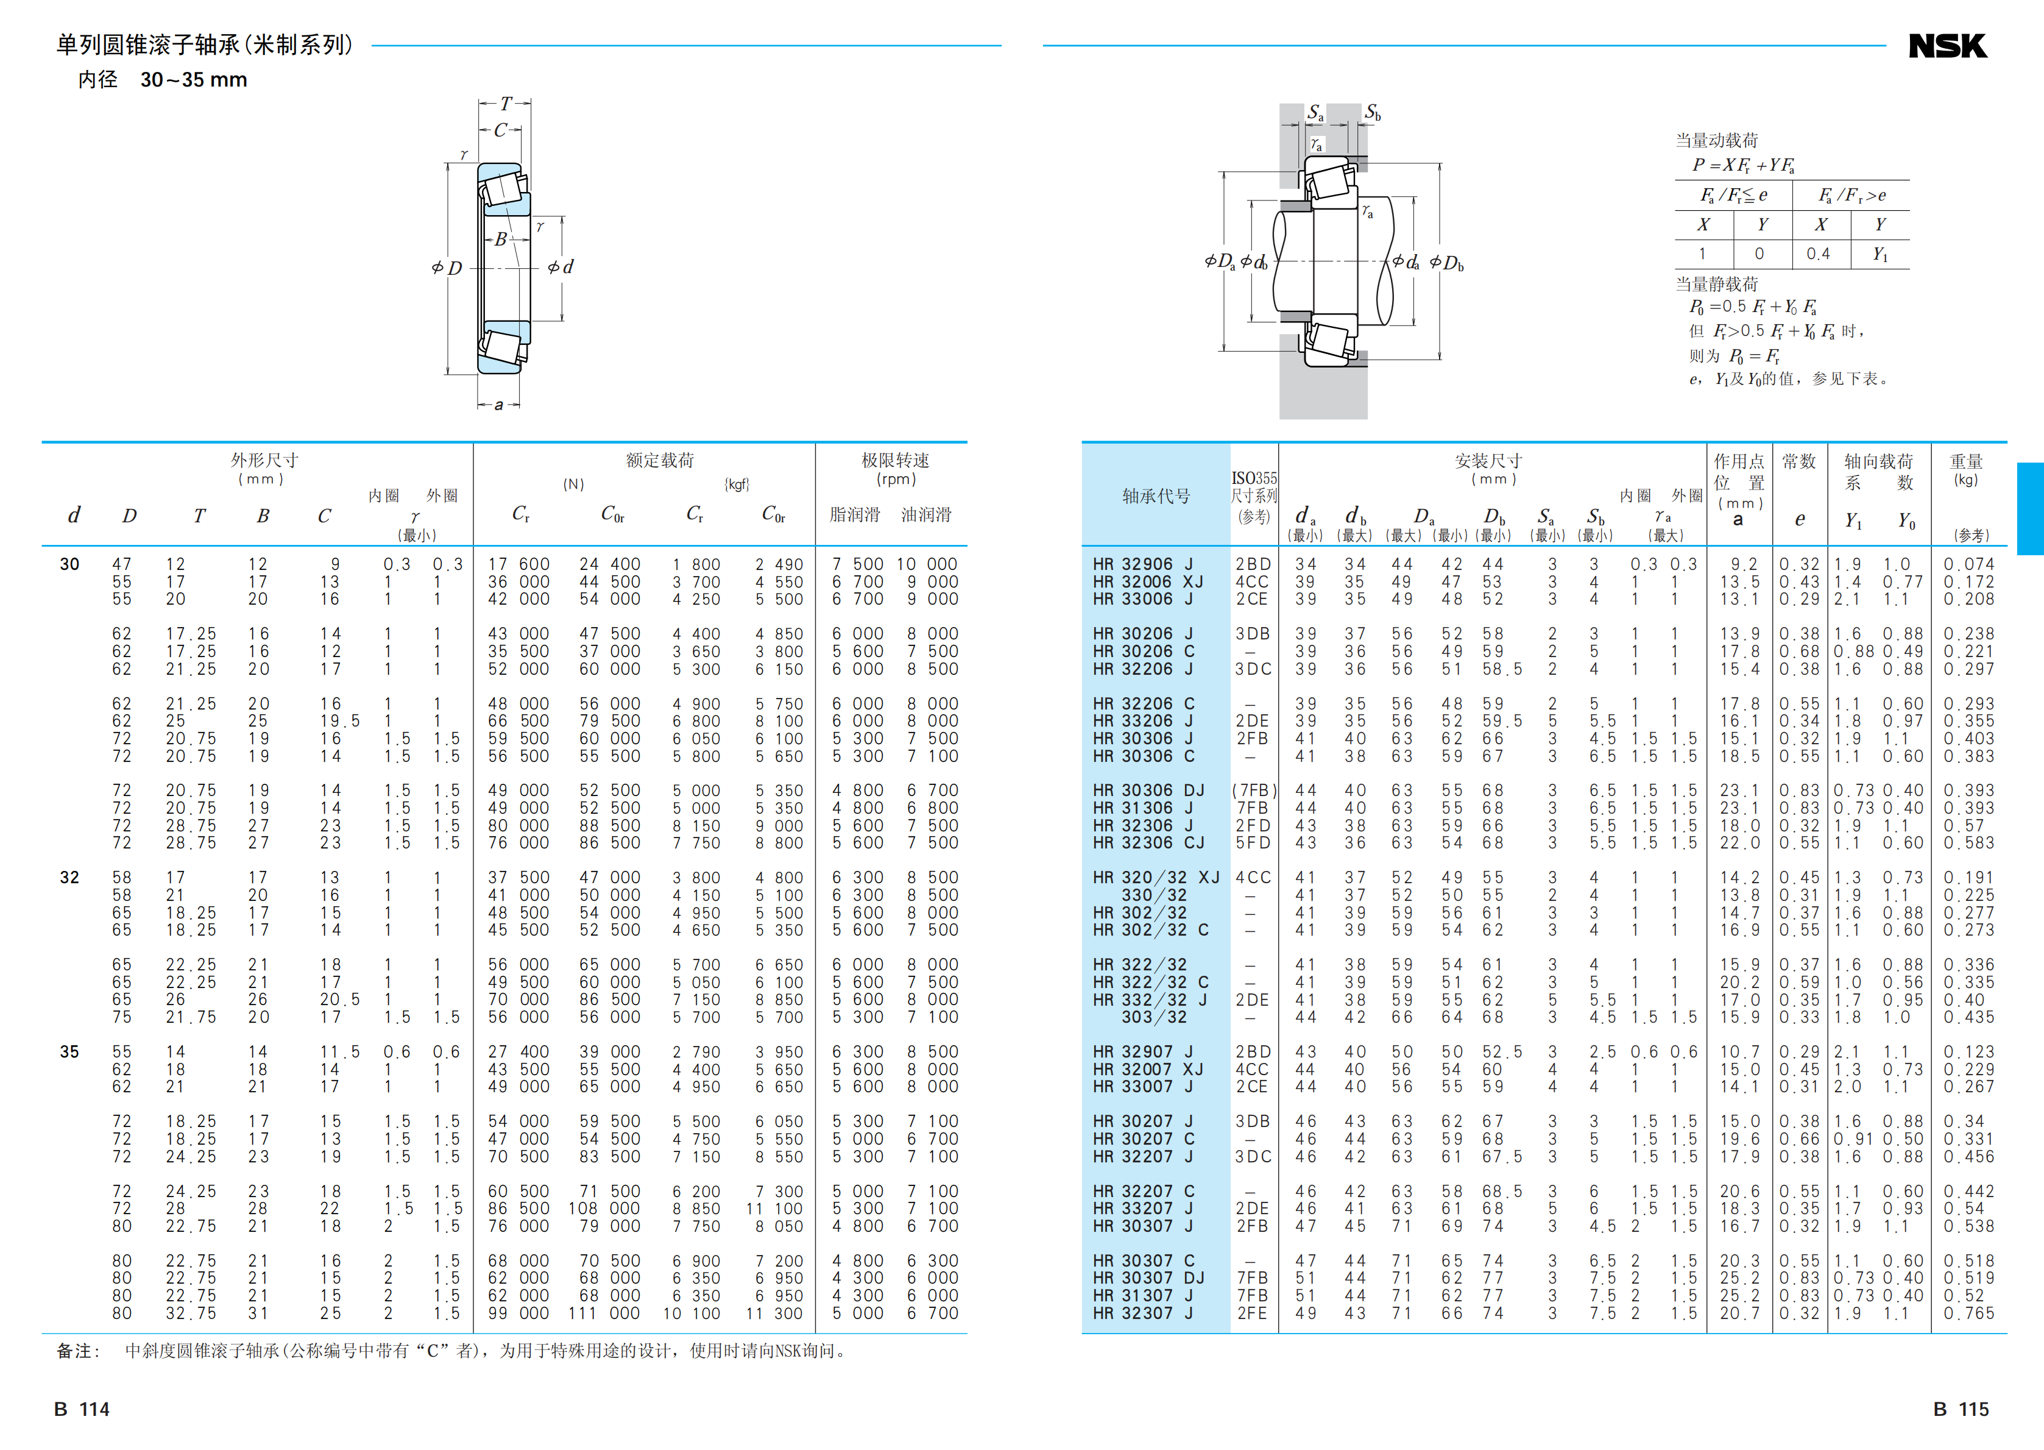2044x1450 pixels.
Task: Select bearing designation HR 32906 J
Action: click(1142, 564)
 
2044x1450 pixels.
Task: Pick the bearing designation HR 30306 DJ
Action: click(1148, 790)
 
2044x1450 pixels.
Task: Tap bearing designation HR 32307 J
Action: click(1142, 1313)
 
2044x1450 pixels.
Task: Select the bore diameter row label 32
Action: click(69, 878)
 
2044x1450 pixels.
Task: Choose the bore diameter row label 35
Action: click(69, 1052)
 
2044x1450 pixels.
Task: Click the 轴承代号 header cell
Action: click(1156, 496)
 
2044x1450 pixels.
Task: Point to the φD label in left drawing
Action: click(447, 268)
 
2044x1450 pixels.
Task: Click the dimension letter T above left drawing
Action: click(505, 104)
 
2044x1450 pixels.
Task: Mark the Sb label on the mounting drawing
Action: click(1372, 113)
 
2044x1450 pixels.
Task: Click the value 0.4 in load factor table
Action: click(1817, 254)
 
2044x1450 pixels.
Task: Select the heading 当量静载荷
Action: click(1716, 285)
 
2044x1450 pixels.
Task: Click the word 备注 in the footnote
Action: click(77, 1351)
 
